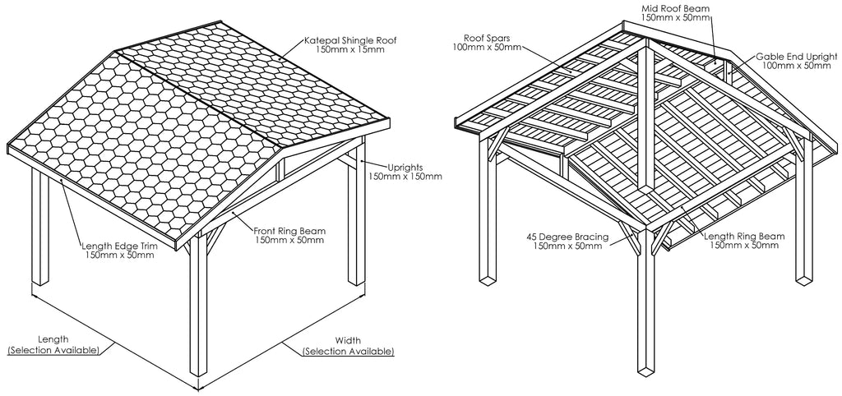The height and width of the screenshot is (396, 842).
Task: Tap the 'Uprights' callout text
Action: point(405,167)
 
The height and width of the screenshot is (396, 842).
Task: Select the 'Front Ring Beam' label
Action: point(289,231)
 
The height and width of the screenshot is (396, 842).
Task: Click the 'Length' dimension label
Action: point(53,339)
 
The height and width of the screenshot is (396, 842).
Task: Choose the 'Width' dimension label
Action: point(348,340)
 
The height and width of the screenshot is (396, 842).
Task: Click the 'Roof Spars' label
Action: point(487,38)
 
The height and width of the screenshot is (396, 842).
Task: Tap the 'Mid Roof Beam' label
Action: point(676,8)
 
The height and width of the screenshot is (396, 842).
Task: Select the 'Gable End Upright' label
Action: point(796,57)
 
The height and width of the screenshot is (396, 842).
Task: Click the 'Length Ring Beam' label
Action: point(744,236)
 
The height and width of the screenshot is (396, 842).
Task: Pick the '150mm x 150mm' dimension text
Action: point(405,176)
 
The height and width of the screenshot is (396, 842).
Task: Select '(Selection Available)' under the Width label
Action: point(348,352)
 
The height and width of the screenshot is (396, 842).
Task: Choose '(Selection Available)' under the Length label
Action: point(53,350)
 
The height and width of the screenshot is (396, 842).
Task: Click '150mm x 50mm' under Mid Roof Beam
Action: point(676,18)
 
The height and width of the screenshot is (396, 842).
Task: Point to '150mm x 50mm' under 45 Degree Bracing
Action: point(567,246)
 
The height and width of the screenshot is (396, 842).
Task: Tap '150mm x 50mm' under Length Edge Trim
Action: point(120,255)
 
